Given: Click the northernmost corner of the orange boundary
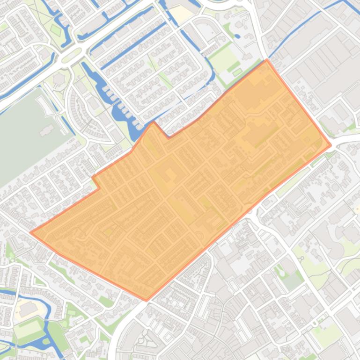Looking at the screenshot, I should pyautogui.click(x=267, y=60).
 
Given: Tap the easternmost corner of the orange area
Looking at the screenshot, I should pyautogui.click(x=331, y=145).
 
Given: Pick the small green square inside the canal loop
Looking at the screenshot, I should pyautogui.click(x=56, y=30).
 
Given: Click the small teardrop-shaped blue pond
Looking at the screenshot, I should pyautogui.click(x=236, y=36).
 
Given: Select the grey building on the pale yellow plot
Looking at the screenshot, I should pyautogui.click(x=28, y=308).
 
